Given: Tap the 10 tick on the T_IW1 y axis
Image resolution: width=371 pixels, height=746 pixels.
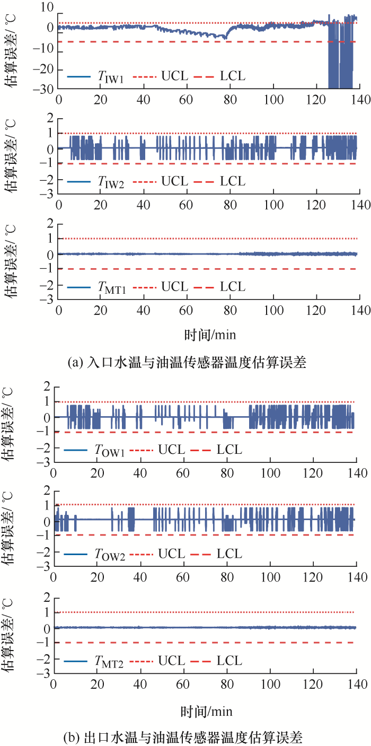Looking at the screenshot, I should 47,7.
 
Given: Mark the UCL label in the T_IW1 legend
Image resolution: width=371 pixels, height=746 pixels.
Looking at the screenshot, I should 174,76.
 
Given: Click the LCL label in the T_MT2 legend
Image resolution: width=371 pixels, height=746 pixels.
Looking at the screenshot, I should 229,661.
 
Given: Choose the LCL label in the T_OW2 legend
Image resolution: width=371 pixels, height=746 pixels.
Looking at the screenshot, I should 229,555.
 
